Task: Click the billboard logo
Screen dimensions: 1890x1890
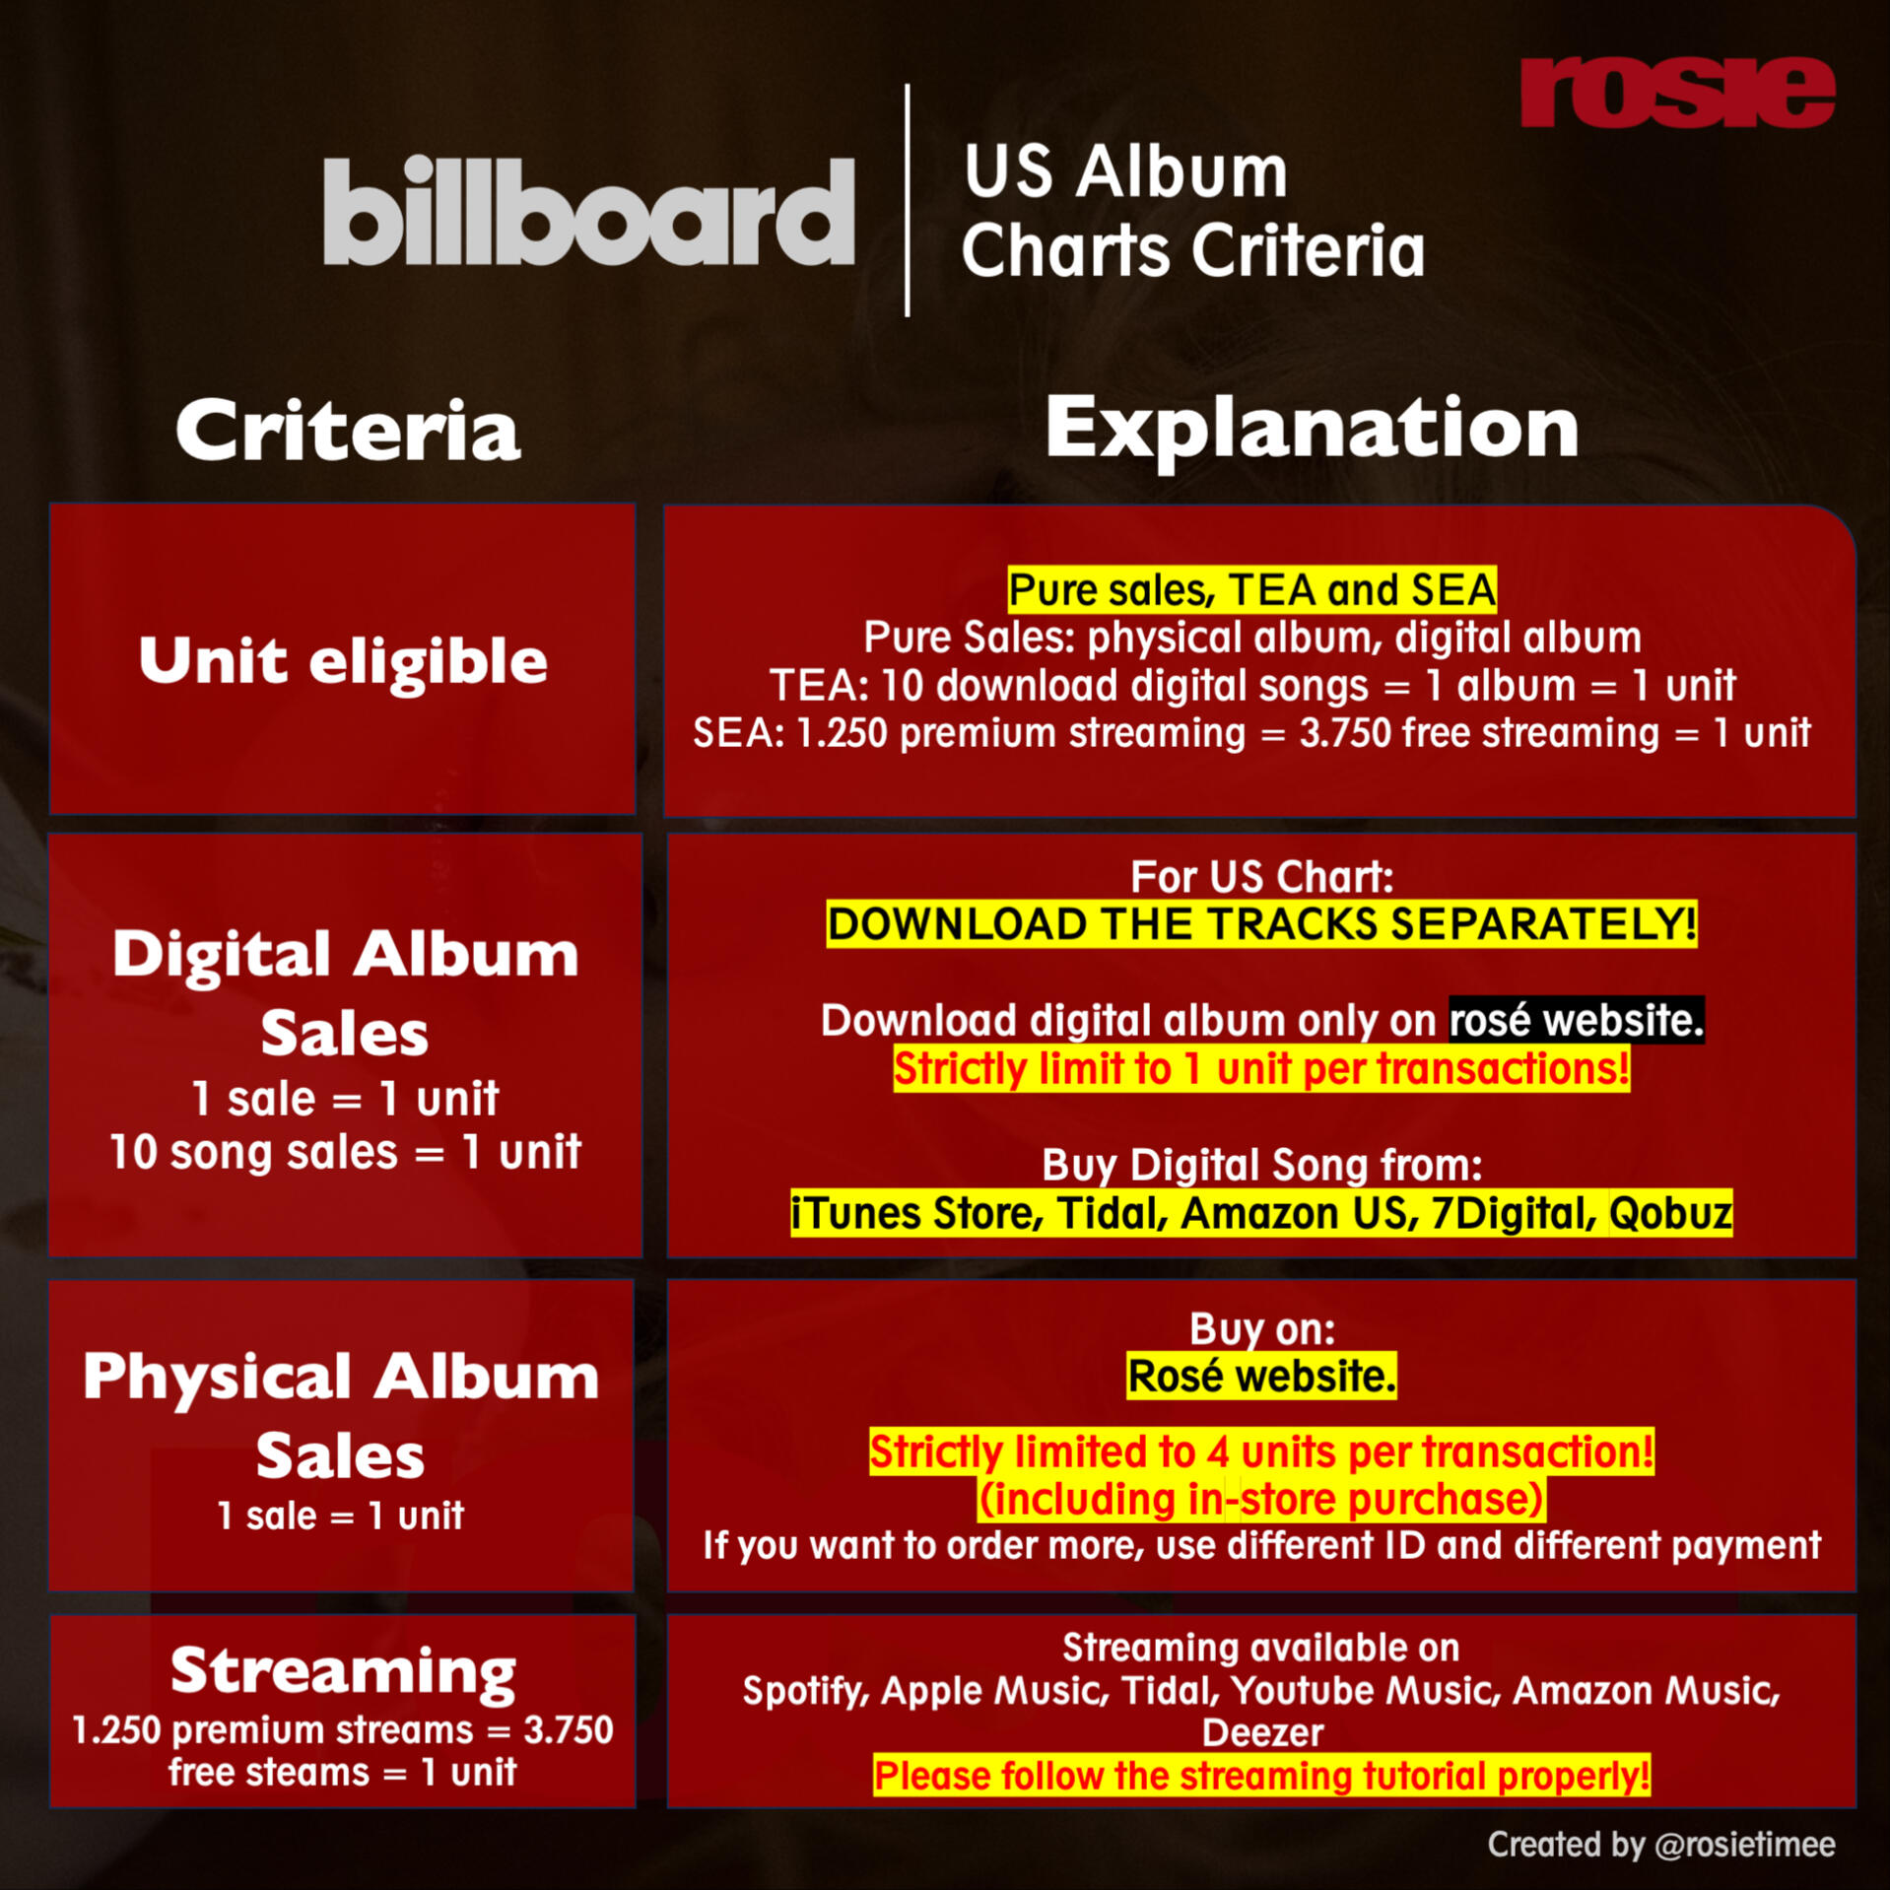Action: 588,211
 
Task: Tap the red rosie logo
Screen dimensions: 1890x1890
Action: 1677,92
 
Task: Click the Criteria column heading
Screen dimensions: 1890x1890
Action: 348,431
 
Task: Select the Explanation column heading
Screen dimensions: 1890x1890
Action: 1312,430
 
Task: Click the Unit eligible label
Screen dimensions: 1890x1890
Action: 343,660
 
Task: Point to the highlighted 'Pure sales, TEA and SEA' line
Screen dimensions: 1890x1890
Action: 1251,589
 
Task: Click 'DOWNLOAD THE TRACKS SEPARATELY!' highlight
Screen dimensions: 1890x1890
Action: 1261,924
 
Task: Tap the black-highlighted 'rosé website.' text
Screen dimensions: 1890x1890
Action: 1577,1020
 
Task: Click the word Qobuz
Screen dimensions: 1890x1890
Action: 1670,1213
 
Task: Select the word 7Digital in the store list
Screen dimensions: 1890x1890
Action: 1514,1213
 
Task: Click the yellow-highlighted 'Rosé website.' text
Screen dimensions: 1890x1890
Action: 1261,1376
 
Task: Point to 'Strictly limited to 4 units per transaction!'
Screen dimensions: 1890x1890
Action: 1261,1451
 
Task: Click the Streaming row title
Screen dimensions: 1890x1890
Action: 343,1672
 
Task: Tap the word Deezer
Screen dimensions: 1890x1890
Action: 1262,1733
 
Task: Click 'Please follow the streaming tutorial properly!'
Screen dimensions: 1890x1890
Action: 1261,1776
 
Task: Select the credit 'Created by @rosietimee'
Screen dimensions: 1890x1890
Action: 1661,1845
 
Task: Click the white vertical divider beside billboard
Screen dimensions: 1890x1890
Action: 907,200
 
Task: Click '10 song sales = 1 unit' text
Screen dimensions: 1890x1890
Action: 345,1151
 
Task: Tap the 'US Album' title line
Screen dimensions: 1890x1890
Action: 1125,171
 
